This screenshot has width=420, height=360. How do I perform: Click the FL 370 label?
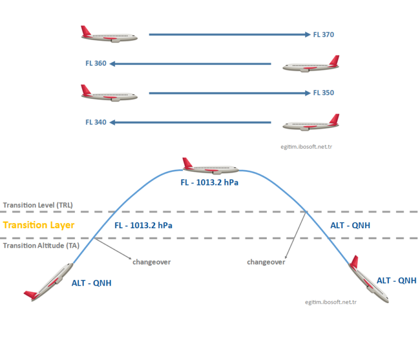coord(323,34)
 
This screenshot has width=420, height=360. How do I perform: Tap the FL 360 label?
coord(96,63)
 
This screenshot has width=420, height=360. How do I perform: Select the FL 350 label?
coord(323,93)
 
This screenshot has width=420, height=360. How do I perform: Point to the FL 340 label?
coord(96,122)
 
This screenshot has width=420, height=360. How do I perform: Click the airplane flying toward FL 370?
coord(108,35)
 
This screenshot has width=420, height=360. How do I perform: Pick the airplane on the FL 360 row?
coord(311,65)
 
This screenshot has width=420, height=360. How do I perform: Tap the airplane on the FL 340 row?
coord(311,124)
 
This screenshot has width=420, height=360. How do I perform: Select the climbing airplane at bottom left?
coord(49,281)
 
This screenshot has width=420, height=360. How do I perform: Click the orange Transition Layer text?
coord(38,225)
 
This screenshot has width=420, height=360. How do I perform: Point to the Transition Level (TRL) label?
coord(38,205)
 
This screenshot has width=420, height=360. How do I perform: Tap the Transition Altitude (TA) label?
coord(40,246)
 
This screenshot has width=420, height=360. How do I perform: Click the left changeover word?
coord(151,262)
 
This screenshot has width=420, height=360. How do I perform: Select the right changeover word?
coord(266,262)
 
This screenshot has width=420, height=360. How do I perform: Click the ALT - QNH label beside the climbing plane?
coord(95,283)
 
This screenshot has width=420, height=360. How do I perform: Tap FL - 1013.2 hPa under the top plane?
coord(209,183)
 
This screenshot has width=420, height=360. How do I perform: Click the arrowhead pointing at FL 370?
coord(307,34)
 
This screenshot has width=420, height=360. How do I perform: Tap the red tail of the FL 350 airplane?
coord(86,90)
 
